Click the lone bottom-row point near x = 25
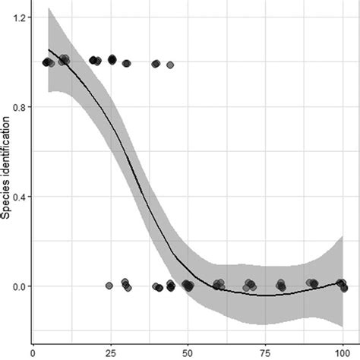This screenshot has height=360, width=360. pos(109,286)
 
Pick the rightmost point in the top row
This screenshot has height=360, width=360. pos(170,65)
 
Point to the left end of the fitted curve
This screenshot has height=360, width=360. pos(49,50)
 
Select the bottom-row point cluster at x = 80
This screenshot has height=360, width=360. pos(281,286)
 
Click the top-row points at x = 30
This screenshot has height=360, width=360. pos(126,63)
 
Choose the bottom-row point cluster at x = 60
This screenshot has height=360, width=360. pos(219,286)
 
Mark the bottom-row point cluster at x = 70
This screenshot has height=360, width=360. pos(250,286)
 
